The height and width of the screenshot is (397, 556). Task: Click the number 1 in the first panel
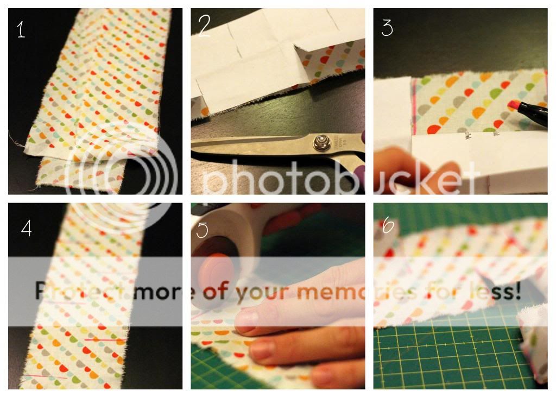click(x=21, y=28)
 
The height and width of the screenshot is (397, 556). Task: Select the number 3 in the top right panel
click(x=387, y=27)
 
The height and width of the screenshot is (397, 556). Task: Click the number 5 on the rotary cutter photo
click(x=202, y=229)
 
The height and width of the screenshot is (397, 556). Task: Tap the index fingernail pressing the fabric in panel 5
click(x=248, y=320)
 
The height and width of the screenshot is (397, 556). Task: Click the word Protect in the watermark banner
click(x=81, y=292)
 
